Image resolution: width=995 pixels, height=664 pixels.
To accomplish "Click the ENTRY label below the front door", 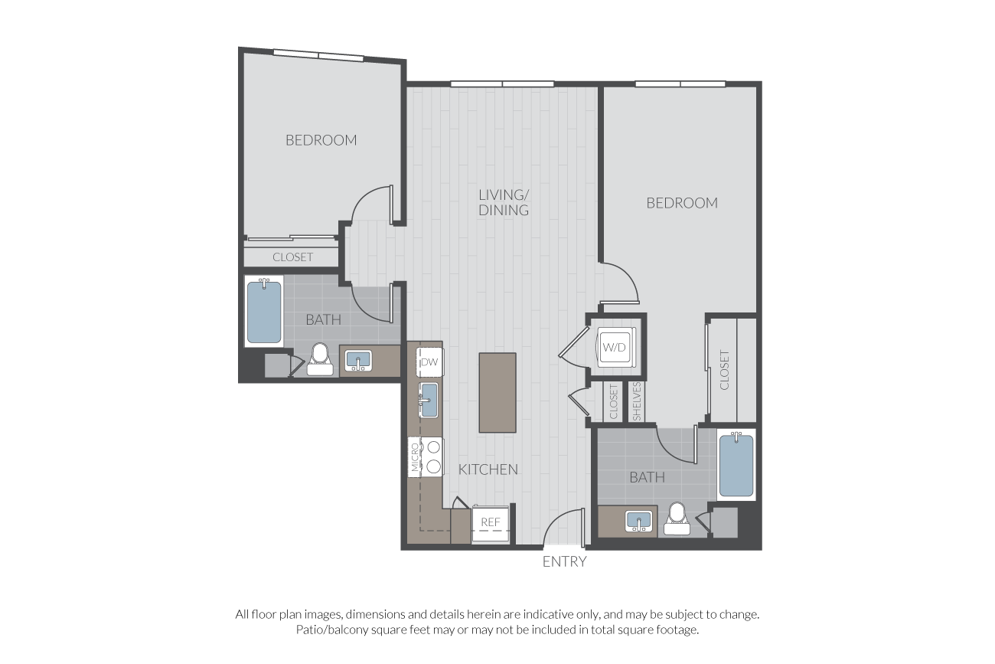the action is tap(565, 562).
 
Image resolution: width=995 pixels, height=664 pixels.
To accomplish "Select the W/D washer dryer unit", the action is tap(615, 347).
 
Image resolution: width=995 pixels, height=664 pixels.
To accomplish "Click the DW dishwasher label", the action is tap(429, 362).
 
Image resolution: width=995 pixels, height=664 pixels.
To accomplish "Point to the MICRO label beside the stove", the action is tap(415, 456).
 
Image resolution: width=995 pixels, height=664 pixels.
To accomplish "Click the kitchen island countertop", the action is tap(497, 392).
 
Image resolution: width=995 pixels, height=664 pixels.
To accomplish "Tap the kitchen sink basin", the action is tap(429, 400).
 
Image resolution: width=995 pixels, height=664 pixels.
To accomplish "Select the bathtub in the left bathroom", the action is tap(264, 312).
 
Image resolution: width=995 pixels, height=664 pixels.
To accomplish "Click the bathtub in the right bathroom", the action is tap(736, 465).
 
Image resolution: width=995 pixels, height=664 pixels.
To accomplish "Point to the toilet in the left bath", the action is tap(320, 358).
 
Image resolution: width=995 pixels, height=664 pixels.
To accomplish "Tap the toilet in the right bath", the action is tap(677, 518).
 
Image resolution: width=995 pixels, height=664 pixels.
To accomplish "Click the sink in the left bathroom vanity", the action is tap(358, 361).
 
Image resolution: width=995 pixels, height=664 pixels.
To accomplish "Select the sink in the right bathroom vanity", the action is tap(639, 521).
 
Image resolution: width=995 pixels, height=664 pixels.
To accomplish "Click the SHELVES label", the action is tap(637, 401).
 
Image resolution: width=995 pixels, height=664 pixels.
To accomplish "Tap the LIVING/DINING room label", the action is tap(504, 202).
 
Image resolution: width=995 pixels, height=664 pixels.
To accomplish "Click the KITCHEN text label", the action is tap(488, 469).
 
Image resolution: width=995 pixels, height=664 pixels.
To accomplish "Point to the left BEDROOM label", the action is tap(321, 140).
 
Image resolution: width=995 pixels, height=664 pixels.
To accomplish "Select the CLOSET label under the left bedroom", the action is tap(292, 257).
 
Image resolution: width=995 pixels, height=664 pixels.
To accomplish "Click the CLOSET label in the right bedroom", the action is tap(724, 370).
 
